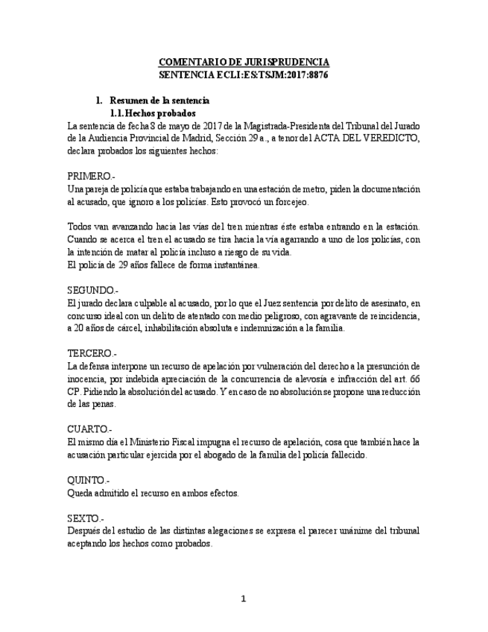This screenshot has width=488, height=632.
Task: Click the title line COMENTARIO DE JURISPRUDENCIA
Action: [244, 62]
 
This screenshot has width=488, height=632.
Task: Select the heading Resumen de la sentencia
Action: [159, 101]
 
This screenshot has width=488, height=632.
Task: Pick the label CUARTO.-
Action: [89, 429]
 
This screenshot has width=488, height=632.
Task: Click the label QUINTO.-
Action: [88, 481]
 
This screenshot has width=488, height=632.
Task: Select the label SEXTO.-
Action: [86, 518]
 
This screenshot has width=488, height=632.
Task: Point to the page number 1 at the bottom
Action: [244, 598]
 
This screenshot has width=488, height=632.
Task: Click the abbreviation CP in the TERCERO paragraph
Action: [73, 391]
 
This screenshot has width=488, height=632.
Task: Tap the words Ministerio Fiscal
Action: [150, 442]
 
